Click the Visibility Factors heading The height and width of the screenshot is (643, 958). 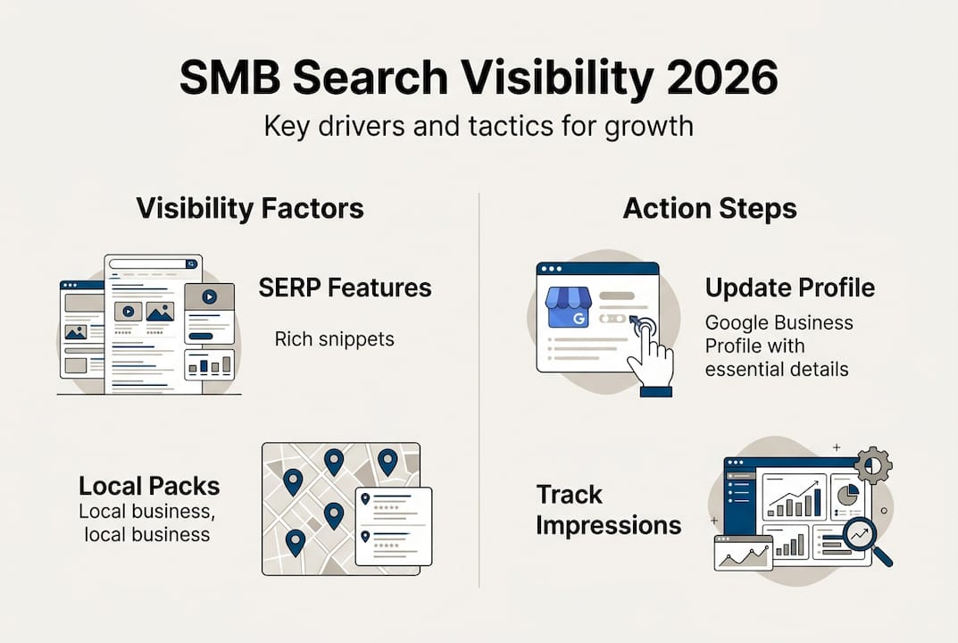(250, 209)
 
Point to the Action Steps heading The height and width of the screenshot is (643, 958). (710, 209)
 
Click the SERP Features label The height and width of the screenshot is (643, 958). (345, 288)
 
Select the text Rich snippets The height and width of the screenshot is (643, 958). (335, 339)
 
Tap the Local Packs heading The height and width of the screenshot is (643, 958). (149, 486)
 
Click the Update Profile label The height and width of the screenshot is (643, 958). (789, 288)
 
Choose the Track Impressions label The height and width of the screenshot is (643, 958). (608, 510)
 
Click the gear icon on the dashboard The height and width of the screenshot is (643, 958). (872, 465)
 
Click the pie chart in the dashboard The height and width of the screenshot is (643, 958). (845, 494)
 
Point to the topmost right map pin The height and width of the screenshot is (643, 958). (387, 460)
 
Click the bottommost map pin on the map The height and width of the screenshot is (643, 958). (295, 540)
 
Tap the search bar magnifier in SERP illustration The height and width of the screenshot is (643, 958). (190, 264)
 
